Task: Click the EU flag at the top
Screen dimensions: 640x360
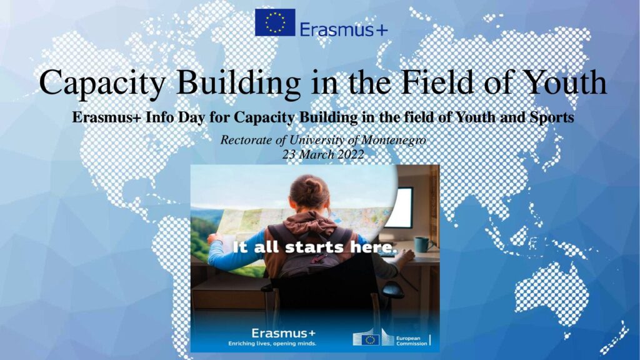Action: (x=275, y=22)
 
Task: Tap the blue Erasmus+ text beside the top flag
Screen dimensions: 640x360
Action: (x=344, y=29)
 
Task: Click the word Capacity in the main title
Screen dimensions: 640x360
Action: (x=102, y=84)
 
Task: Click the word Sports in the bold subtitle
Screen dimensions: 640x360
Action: (x=552, y=117)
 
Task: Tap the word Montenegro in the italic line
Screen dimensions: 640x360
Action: (x=394, y=140)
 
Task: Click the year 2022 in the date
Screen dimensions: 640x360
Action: (x=347, y=155)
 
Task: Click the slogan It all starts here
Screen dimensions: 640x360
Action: (x=315, y=247)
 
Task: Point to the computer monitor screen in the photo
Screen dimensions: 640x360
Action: (x=399, y=207)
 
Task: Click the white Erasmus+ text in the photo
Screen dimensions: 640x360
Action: (x=283, y=333)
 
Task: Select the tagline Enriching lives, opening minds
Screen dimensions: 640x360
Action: (x=272, y=344)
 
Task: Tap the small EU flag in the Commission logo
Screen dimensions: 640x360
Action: (x=370, y=340)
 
